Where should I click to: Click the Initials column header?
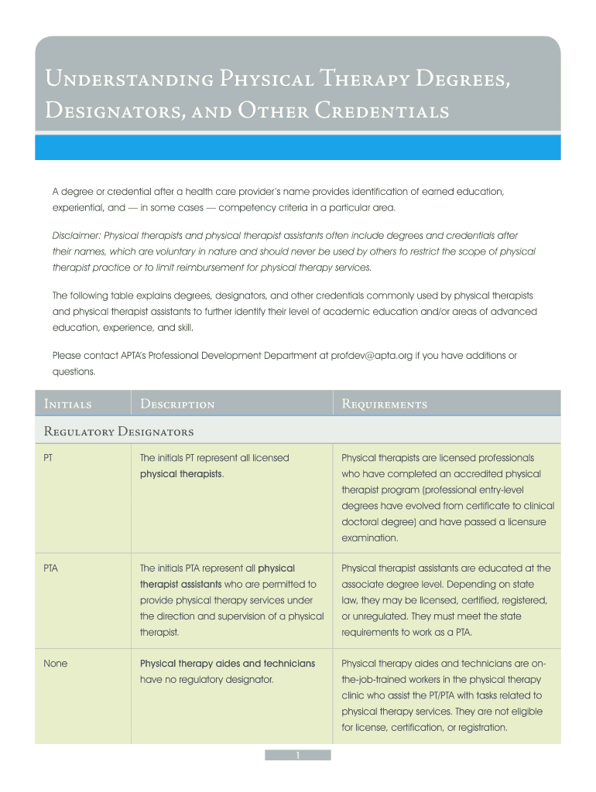69,404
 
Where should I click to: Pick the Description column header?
177,404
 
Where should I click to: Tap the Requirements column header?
384,404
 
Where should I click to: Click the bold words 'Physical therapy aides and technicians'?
227,664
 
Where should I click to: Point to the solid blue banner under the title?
298,147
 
